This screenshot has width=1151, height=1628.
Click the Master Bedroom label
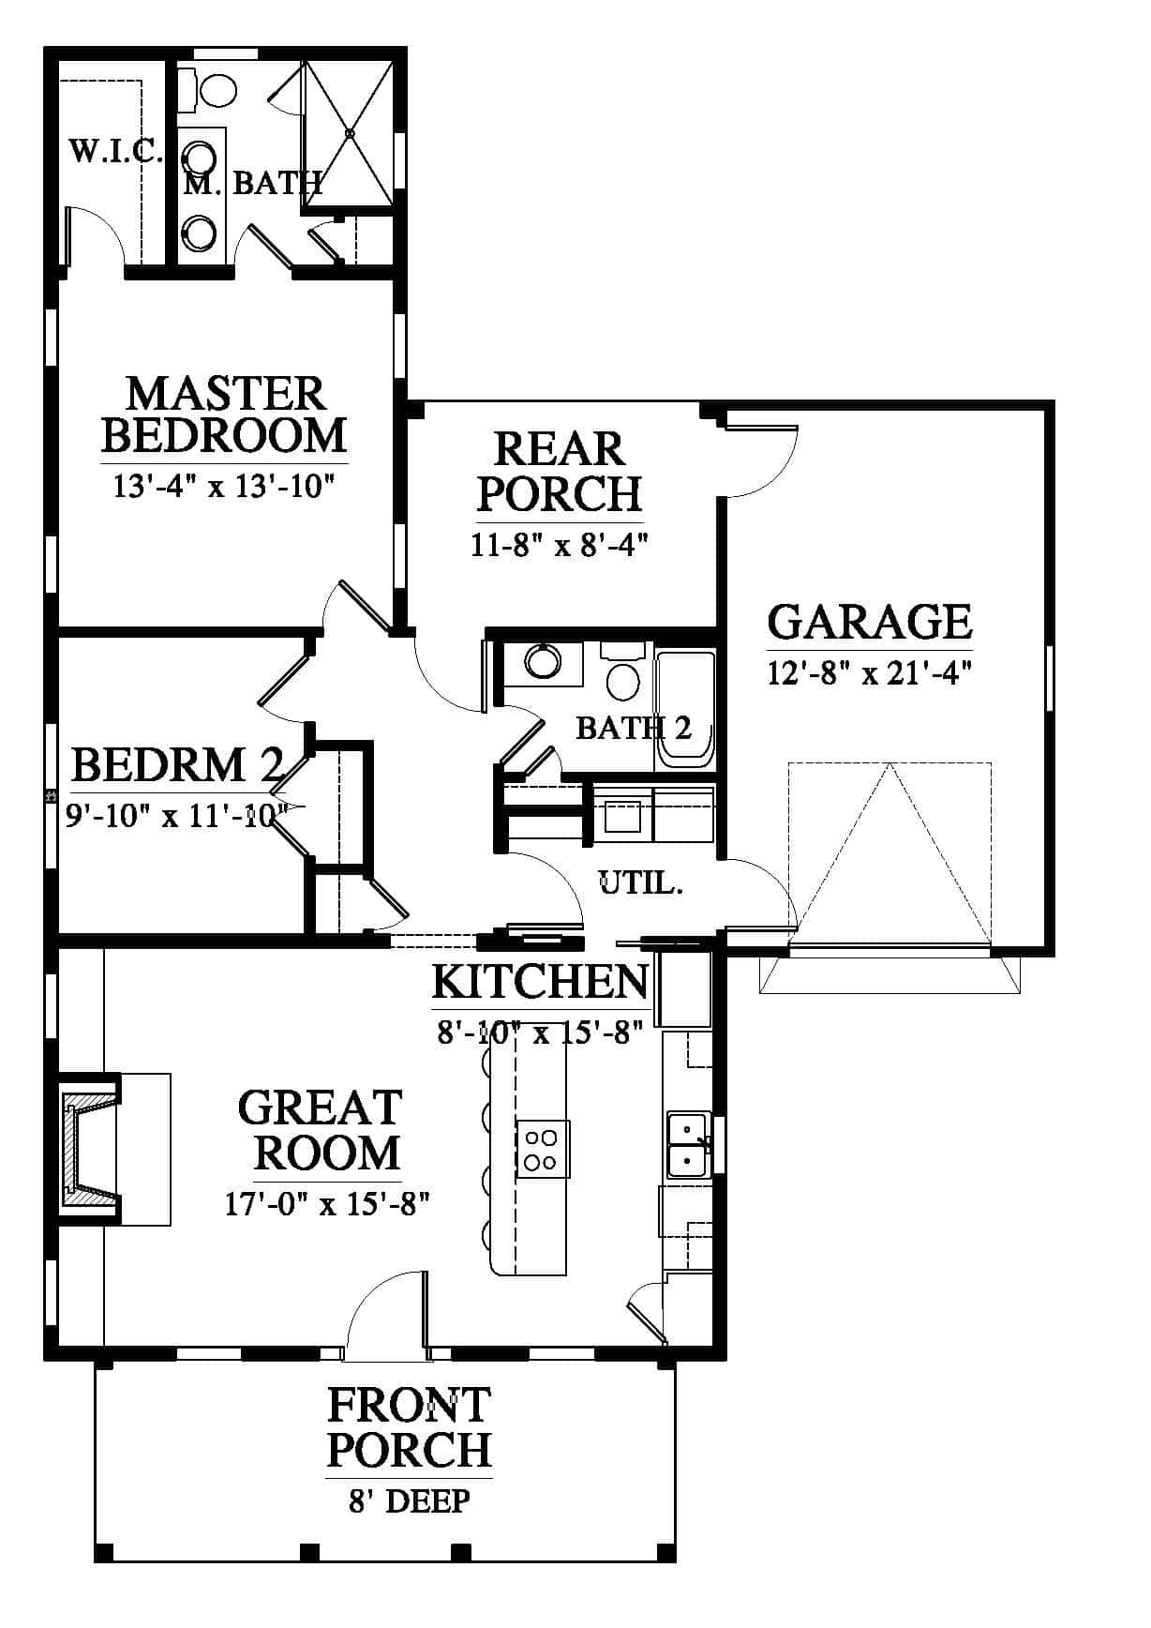coord(224,415)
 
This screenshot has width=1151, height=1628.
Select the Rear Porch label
coord(561,472)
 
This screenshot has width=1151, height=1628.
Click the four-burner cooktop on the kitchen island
coord(542,1149)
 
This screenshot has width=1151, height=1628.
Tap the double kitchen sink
coord(688,1144)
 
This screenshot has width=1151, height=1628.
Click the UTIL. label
coord(640,882)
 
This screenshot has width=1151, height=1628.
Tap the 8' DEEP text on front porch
coord(410,1500)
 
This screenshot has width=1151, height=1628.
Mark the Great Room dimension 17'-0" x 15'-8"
coord(327,1203)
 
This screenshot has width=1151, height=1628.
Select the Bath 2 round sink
coord(542,660)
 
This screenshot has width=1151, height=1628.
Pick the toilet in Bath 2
coord(623,671)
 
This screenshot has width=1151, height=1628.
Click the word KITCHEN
coord(540,982)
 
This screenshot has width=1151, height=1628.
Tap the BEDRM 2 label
coord(176,765)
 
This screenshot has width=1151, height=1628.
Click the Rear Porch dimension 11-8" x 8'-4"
coord(560,545)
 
